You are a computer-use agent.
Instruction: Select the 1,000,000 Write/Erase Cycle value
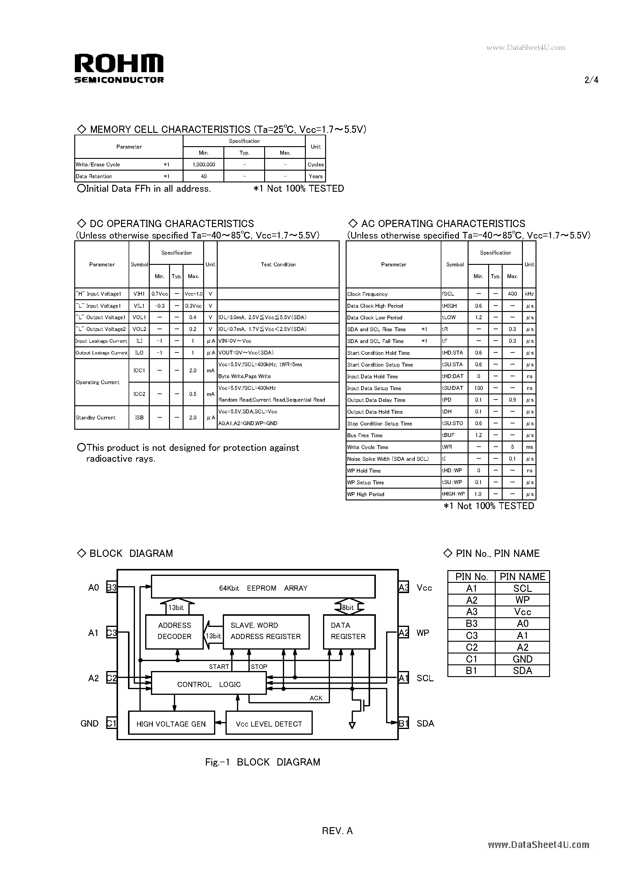click(204, 165)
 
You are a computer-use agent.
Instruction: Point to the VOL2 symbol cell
click(139, 329)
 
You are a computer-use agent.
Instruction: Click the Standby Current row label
click(96, 418)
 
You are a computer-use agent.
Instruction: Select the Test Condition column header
click(278, 265)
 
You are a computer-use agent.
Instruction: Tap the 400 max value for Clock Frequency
click(512, 294)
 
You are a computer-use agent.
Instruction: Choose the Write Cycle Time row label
click(368, 447)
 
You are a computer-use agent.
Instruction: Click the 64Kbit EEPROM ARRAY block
click(263, 588)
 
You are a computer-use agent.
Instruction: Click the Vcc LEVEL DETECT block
click(269, 724)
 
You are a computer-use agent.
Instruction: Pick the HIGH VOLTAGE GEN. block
click(171, 724)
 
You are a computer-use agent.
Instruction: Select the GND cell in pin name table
click(522, 659)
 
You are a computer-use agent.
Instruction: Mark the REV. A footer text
click(337, 831)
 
